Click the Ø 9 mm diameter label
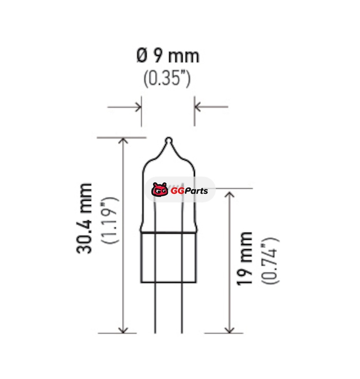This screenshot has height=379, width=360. pyautogui.click(x=167, y=55)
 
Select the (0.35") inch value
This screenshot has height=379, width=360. pyautogui.click(x=167, y=79)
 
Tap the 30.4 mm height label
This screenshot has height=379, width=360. pyautogui.click(x=84, y=218)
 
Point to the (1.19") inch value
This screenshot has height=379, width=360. pyautogui.click(x=110, y=220)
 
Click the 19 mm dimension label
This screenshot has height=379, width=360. pyautogui.click(x=244, y=259)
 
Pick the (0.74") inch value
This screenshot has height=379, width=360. pyautogui.click(x=270, y=261)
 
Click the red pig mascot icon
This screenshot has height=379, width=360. pyautogui.click(x=159, y=190)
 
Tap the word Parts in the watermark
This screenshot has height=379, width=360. pyautogui.click(x=196, y=191)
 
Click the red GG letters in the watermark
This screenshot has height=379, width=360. pyautogui.click(x=177, y=191)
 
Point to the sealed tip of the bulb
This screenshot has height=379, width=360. pyautogui.click(x=168, y=140)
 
